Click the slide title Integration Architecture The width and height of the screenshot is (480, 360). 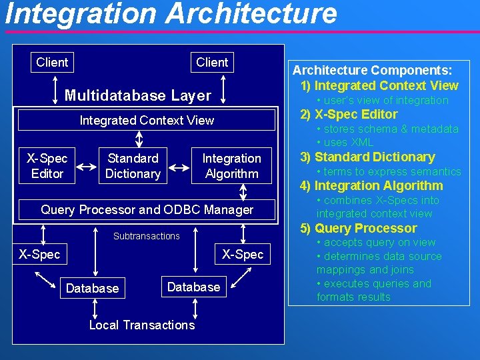(171, 14)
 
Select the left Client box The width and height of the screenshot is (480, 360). (52, 62)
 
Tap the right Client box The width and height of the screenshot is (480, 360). (212, 62)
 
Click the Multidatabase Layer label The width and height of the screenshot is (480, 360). (137, 95)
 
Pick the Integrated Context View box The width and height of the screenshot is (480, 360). (147, 120)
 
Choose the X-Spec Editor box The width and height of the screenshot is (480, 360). (47, 166)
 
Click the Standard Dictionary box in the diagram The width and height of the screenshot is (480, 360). (133, 166)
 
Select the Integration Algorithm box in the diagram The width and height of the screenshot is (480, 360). (231, 166)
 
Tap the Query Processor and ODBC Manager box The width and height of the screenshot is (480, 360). (147, 209)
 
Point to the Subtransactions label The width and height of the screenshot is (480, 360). (146, 236)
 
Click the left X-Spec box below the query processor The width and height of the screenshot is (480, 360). (39, 254)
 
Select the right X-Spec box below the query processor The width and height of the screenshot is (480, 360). (243, 254)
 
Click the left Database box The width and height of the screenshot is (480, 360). (92, 288)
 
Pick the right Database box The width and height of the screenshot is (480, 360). (193, 287)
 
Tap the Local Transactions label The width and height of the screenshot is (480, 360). (142, 325)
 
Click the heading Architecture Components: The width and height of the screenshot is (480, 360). (373, 70)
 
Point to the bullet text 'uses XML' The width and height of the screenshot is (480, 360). (345, 142)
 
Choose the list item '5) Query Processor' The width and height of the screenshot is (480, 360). (358, 228)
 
